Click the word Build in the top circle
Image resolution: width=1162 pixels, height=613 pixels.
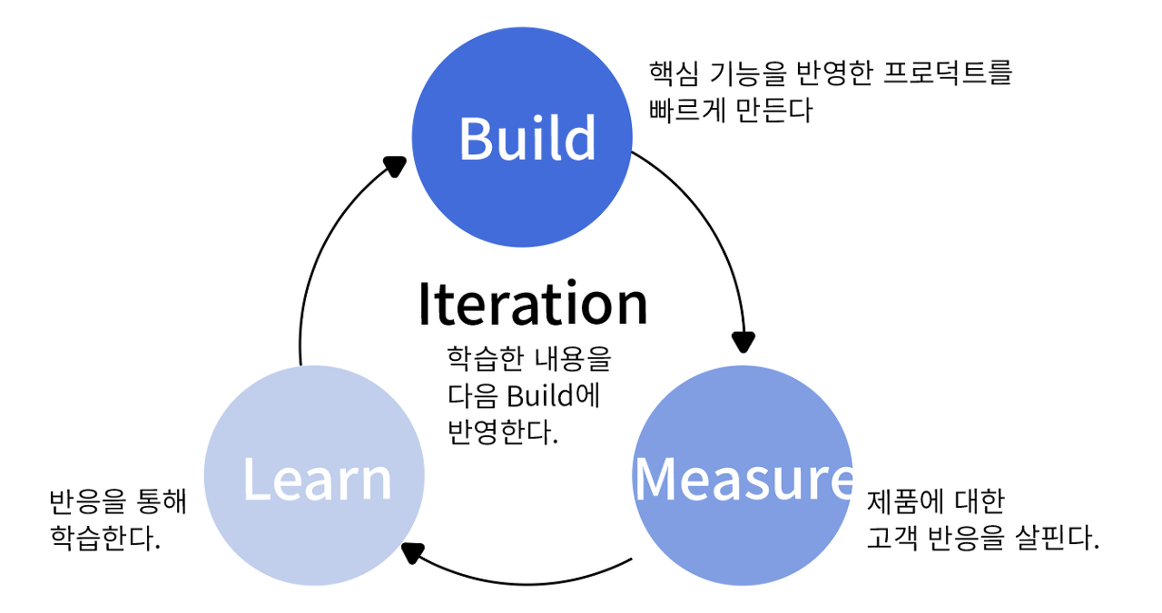tap(527, 139)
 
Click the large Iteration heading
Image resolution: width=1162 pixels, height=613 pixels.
tap(533, 304)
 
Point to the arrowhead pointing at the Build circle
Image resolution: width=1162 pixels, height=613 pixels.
tap(394, 166)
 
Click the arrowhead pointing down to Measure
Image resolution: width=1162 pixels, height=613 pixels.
tap(743, 342)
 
